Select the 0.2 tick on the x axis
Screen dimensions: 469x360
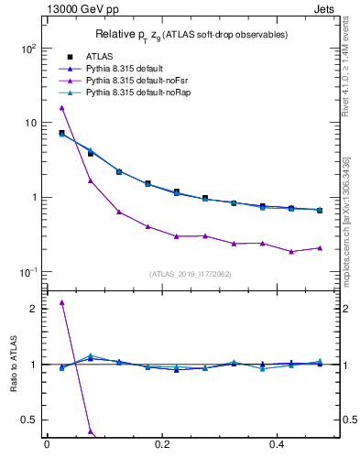click(x=163, y=444)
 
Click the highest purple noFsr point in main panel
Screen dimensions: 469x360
click(x=61, y=108)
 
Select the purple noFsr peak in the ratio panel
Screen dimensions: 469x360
click(x=61, y=302)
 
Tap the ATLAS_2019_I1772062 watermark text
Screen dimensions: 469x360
click(x=190, y=273)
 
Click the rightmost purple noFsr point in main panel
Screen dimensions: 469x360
click(x=320, y=247)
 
